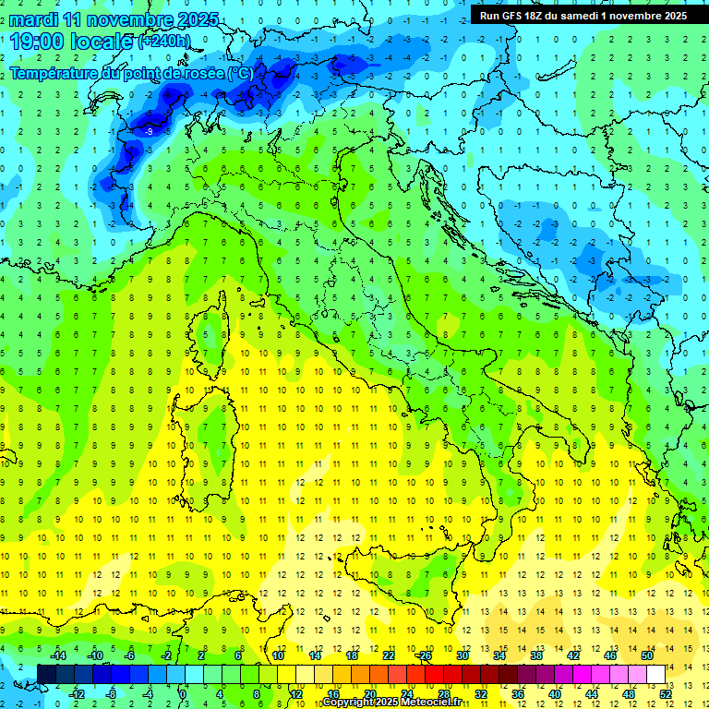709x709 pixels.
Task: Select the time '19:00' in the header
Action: pyautogui.click(x=36, y=41)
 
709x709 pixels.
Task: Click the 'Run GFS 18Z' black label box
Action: pyautogui.click(x=583, y=15)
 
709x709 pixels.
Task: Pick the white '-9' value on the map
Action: pyautogui.click(x=150, y=132)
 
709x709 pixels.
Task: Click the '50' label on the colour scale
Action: pyautogui.click(x=647, y=655)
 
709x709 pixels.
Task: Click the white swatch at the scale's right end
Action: pyautogui.click(x=655, y=674)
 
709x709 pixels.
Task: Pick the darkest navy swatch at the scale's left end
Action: pyautogui.click(x=46, y=674)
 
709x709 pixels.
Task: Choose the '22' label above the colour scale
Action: pyautogui.click(x=389, y=655)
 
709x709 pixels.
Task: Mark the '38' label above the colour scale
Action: pyautogui.click(x=536, y=655)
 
